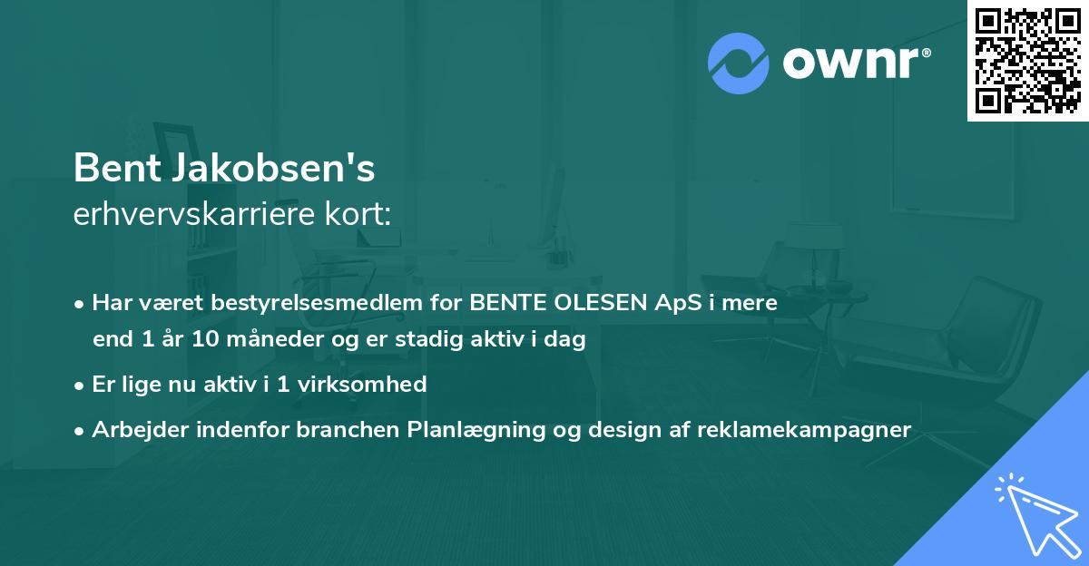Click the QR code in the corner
(1027, 60)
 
